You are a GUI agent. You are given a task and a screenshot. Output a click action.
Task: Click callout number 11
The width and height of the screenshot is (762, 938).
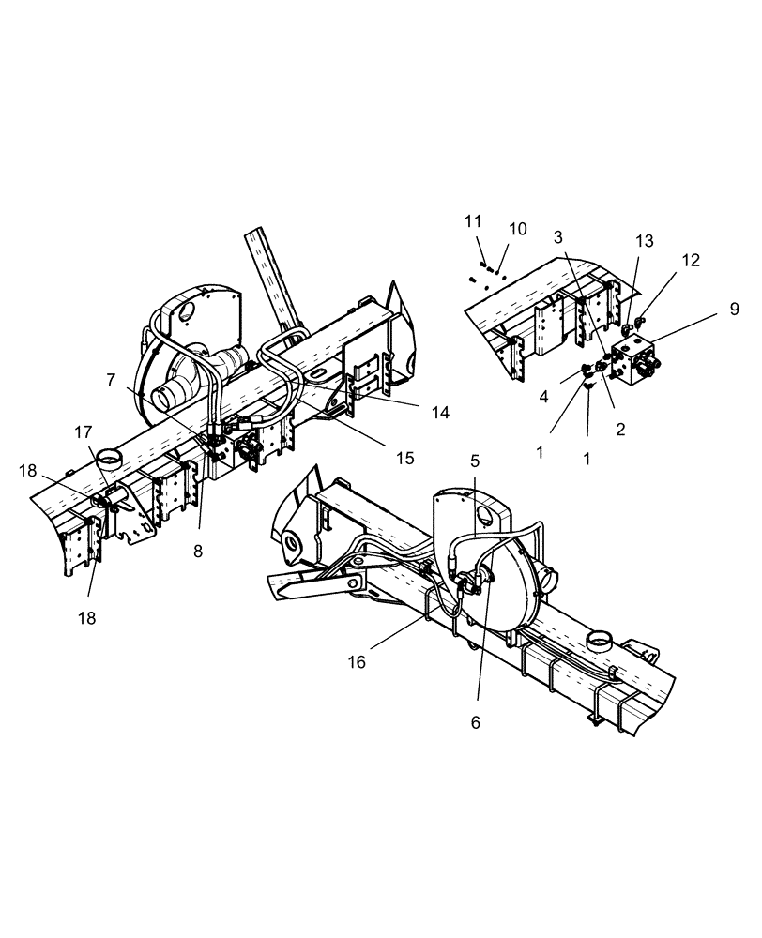point(473,221)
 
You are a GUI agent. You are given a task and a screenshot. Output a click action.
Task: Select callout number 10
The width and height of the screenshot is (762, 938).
point(518,229)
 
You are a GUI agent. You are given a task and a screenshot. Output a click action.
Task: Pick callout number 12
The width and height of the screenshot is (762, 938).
point(691,260)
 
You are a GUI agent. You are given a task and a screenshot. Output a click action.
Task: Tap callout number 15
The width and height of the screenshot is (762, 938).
point(404,459)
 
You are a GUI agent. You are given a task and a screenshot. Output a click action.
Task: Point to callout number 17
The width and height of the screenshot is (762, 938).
point(84,432)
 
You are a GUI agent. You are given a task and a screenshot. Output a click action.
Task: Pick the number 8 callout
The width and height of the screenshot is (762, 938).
point(198,552)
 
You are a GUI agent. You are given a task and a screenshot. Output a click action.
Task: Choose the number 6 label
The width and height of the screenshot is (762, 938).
point(476,722)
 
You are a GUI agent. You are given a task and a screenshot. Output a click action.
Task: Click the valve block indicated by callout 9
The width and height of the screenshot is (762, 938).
point(638,361)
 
